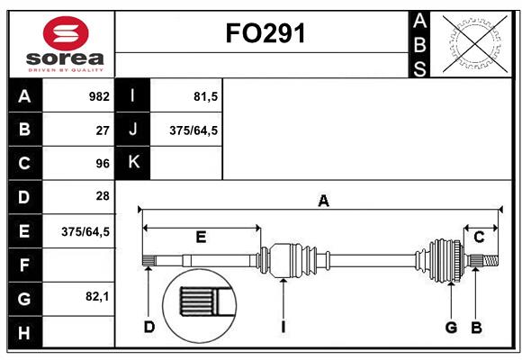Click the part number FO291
265,33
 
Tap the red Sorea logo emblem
66,33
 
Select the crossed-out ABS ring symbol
474,43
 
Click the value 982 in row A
99,96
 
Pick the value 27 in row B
103,130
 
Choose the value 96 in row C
103,164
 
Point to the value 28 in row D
103,196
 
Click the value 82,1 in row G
97,296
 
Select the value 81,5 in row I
206,96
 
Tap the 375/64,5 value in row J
193,130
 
